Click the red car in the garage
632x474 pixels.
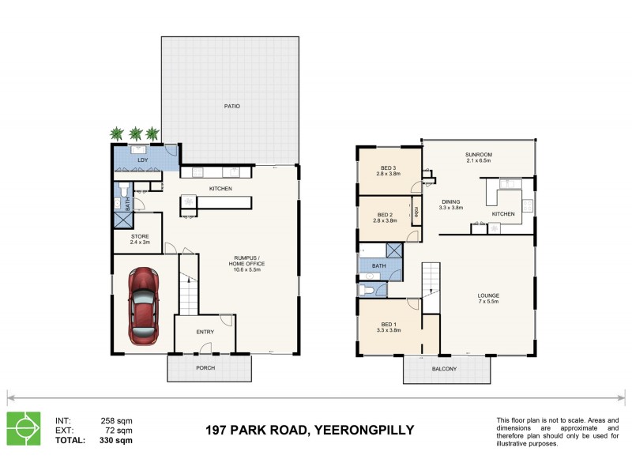(x=143, y=306)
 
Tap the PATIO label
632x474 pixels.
(x=231, y=106)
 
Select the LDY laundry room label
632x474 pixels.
(x=142, y=161)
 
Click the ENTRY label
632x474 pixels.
(x=205, y=332)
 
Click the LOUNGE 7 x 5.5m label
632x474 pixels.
(x=487, y=299)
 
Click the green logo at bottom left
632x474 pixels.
(x=24, y=429)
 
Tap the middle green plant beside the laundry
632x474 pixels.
(x=135, y=134)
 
